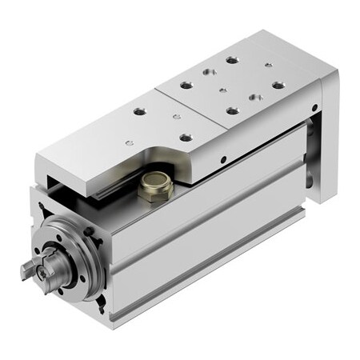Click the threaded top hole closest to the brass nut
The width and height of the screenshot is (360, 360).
click(186, 137)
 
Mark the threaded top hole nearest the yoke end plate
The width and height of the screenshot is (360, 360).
click(278, 84)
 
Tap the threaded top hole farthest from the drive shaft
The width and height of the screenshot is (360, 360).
click(231, 60)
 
